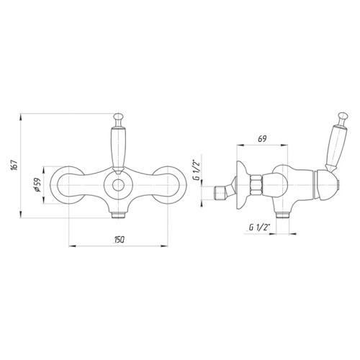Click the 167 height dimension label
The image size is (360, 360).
point(14,165)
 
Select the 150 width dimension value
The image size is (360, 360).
point(119,240)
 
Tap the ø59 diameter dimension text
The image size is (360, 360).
point(38,186)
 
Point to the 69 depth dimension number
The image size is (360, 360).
point(262,139)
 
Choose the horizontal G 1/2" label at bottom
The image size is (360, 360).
point(259,228)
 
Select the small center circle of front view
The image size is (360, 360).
point(118,185)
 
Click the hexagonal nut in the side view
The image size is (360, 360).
point(256,185)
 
